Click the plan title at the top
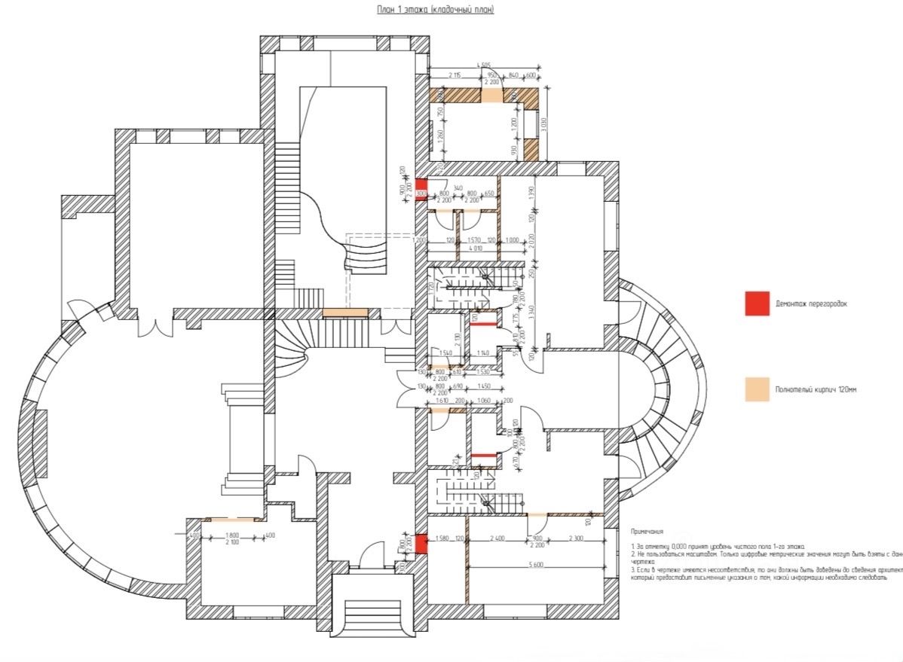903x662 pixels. click(435, 11)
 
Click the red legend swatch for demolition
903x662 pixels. click(756, 304)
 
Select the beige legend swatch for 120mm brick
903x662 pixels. click(756, 389)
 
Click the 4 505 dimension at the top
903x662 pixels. click(485, 66)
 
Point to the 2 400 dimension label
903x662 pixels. click(497, 538)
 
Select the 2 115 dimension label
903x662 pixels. click(455, 75)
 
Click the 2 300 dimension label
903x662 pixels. click(575, 538)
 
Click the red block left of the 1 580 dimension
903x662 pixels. click(421, 543)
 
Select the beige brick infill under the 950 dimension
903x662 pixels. click(491, 96)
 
